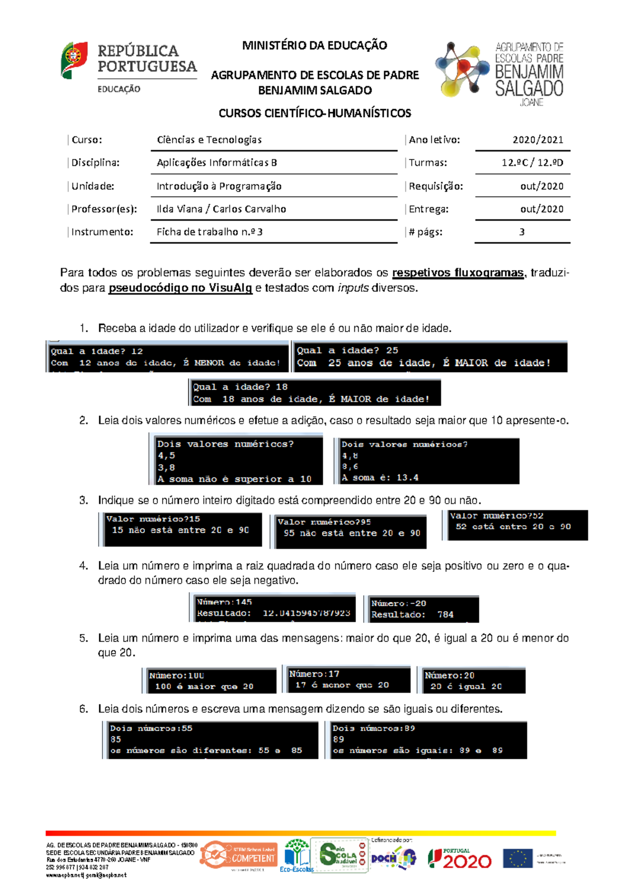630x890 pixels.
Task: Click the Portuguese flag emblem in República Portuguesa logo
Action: pyautogui.click(x=74, y=60)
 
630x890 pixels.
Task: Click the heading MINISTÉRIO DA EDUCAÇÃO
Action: pyautogui.click(x=314, y=46)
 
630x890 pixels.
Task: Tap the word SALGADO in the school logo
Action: pyautogui.click(x=529, y=88)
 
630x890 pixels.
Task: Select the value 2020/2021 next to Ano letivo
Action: pyautogui.click(x=538, y=140)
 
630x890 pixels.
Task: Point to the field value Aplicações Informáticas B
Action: pyautogui.click(x=217, y=163)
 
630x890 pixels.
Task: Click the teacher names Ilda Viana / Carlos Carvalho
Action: pyautogui.click(x=221, y=209)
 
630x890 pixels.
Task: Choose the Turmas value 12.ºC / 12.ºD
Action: pyautogui.click(x=532, y=163)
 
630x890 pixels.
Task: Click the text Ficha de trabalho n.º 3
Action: pyautogui.click(x=209, y=232)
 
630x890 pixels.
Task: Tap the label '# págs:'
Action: pyautogui.click(x=425, y=232)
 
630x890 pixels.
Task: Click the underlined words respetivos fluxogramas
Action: pyautogui.click(x=458, y=273)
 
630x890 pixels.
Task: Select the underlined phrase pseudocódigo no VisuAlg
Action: pyautogui.click(x=180, y=288)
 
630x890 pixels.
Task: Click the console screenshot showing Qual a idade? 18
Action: pyautogui.click(x=314, y=393)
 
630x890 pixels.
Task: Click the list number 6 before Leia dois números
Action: pyautogui.click(x=83, y=709)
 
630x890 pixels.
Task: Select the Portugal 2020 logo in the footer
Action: pyautogui.click(x=459, y=859)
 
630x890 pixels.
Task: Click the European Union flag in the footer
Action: pyautogui.click(x=517, y=859)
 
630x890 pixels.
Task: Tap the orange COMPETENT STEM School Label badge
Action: pyautogui.click(x=239, y=855)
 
